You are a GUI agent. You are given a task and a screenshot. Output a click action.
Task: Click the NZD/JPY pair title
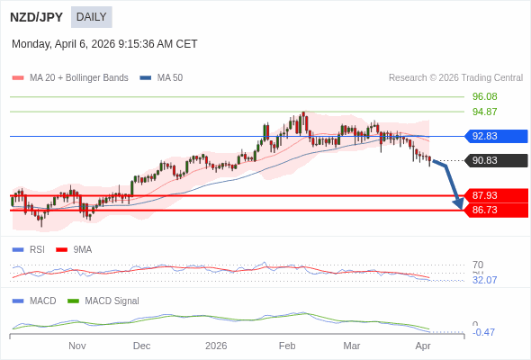(36, 17)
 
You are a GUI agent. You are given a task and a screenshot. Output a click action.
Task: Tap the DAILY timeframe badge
(91, 17)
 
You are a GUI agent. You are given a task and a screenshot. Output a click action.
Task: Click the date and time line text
(104, 44)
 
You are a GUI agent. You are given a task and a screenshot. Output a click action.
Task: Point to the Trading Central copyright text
(455, 78)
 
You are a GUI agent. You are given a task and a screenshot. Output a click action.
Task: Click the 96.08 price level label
(484, 97)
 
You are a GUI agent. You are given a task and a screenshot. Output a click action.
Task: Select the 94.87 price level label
(484, 112)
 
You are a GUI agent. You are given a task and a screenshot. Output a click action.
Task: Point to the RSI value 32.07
(484, 280)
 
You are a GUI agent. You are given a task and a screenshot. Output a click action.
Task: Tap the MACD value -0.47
(484, 332)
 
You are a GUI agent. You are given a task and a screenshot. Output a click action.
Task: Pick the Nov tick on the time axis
(76, 346)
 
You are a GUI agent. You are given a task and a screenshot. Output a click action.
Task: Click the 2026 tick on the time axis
(216, 346)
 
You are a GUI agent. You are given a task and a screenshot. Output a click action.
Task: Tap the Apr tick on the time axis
(423, 346)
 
